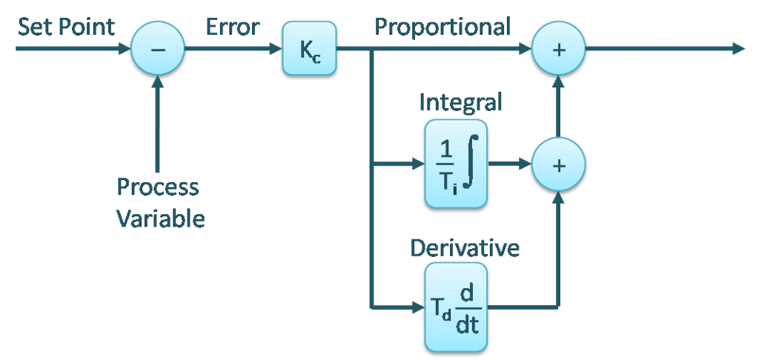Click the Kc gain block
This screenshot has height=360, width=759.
tap(309, 48)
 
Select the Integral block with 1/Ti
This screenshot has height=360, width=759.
tap(455, 164)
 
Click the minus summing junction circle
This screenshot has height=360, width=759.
tap(157, 48)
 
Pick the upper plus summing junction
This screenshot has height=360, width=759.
tap(559, 48)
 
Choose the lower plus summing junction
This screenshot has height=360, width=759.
tap(559, 164)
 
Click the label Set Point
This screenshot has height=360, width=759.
tap(66, 28)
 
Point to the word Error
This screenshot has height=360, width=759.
tap(232, 28)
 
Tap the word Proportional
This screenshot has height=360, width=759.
tap(443, 28)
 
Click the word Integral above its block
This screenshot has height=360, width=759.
tap(460, 102)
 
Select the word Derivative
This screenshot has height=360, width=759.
tap(465, 248)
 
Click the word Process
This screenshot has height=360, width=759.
tap(158, 187)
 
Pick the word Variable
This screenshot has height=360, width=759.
tap(160, 219)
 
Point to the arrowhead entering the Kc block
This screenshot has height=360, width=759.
tap(275, 48)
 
